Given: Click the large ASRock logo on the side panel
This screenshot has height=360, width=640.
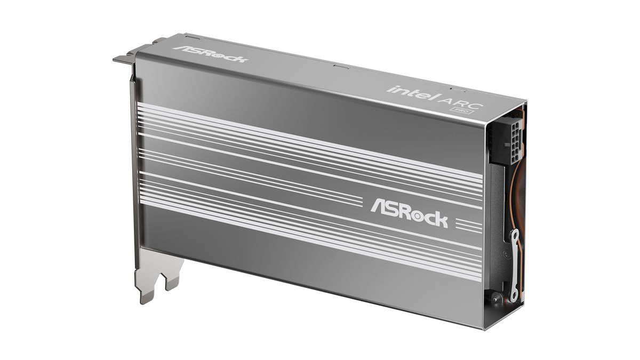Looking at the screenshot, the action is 409,213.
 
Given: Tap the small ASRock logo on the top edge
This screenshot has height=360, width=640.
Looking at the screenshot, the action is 210,54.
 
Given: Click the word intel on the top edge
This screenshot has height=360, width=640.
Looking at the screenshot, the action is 413,93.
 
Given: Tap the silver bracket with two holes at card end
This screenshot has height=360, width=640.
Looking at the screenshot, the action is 515,265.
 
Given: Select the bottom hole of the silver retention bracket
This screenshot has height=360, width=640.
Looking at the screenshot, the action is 514,294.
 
